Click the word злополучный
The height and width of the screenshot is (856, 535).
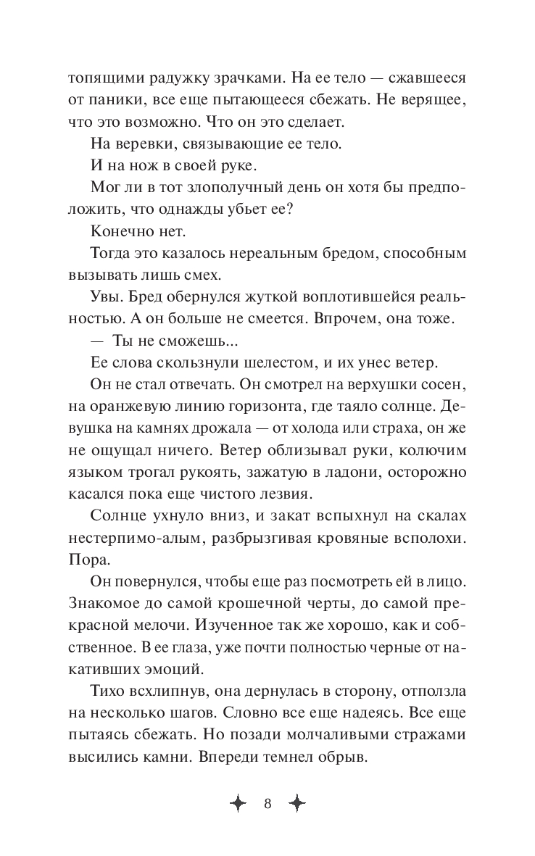246,188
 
